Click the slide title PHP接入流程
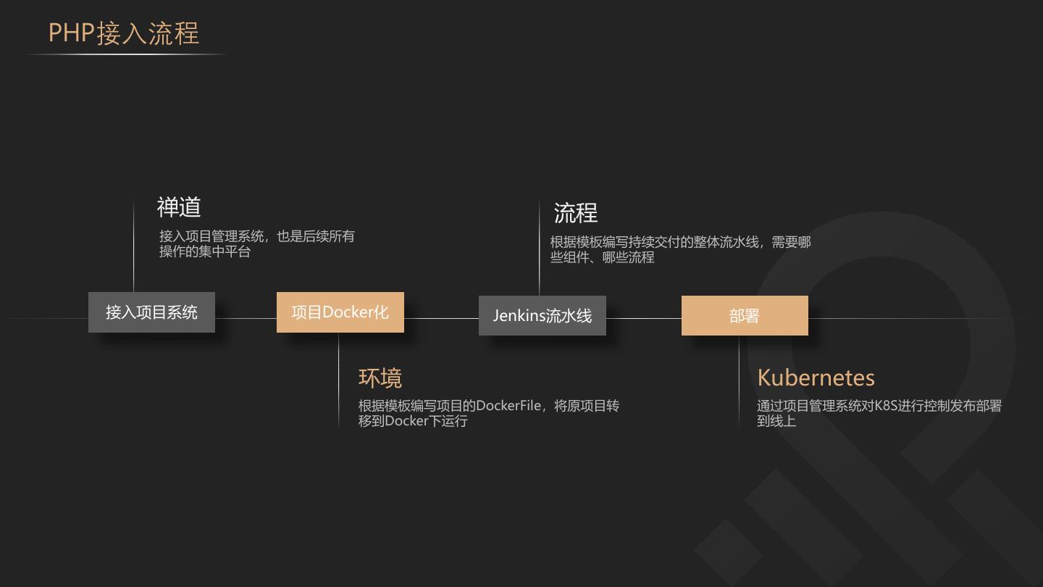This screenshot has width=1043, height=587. (123, 33)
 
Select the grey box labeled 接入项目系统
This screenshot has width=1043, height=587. (151, 312)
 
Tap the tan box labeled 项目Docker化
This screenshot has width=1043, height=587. (340, 312)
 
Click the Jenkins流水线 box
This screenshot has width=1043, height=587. (542, 316)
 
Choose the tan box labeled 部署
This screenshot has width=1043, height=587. (745, 316)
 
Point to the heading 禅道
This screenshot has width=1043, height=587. (179, 207)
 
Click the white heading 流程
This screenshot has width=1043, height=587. (575, 213)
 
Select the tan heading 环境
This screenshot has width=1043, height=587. (380, 378)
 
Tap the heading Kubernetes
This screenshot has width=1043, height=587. (816, 378)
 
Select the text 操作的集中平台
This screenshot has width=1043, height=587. (205, 251)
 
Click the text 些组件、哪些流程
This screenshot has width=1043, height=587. (602, 257)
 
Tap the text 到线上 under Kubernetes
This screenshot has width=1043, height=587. (776, 421)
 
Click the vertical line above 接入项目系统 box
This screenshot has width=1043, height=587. (134, 246)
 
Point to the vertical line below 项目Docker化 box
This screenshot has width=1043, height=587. (338, 380)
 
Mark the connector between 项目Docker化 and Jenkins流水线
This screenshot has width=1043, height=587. (441, 318)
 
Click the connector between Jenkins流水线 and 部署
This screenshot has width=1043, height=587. (643, 318)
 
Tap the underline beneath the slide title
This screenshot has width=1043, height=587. (127, 54)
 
